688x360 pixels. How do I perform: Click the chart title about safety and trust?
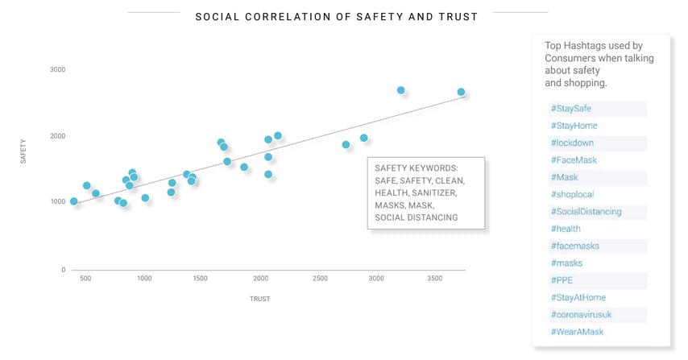[x=337, y=16]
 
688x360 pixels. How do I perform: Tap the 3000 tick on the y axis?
[x=56, y=70]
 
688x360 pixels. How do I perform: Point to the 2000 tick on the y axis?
[x=56, y=136]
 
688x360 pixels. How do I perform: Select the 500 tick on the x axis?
[x=85, y=279]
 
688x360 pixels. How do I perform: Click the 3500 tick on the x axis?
[x=434, y=279]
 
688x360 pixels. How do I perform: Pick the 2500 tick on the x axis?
[x=320, y=279]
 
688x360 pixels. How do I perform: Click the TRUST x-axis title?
[x=259, y=299]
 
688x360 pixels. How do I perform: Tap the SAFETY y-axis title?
[x=23, y=151]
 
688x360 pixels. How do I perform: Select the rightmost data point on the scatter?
[x=461, y=92]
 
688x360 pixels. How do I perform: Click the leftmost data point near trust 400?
[x=74, y=201]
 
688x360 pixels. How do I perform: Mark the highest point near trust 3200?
[x=401, y=90]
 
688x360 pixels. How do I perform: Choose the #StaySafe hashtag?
[x=571, y=109]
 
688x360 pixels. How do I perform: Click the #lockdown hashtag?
[x=572, y=143]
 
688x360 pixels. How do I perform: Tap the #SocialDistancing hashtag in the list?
[x=586, y=212]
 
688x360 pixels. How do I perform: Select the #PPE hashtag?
[x=562, y=280]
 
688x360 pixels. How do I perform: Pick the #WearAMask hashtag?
[x=577, y=332]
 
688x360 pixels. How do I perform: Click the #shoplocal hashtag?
[x=572, y=195]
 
